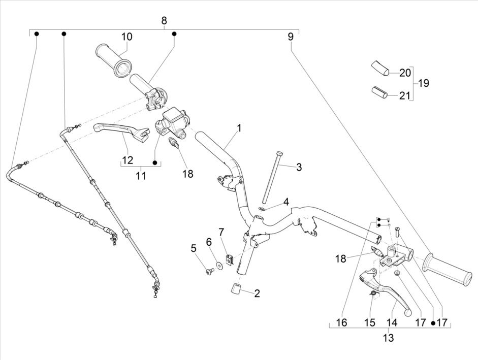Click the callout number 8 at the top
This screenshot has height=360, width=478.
164,21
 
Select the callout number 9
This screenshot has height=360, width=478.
291,37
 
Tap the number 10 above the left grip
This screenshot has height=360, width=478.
126,37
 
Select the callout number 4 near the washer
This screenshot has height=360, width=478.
286,202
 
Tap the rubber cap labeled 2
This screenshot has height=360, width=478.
236,290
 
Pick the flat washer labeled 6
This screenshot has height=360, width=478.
219,264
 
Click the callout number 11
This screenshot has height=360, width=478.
141,176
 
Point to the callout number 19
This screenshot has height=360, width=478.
423,83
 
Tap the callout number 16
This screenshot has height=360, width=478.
342,322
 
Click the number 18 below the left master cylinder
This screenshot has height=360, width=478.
187,173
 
